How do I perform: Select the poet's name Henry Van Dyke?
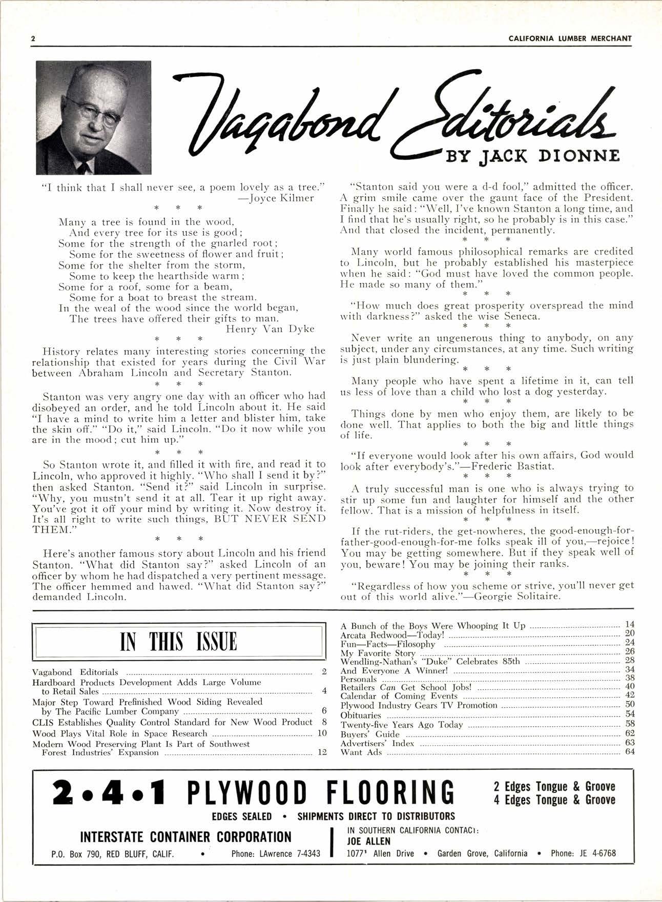(x=270, y=329)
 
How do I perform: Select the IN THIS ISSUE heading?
(x=179, y=642)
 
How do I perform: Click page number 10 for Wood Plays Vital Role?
(x=322, y=733)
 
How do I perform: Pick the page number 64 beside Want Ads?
(x=629, y=752)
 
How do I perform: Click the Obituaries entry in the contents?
(x=361, y=715)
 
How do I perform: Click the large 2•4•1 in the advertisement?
(x=109, y=792)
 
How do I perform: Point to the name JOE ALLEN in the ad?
(x=369, y=841)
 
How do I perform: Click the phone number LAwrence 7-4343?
(x=290, y=854)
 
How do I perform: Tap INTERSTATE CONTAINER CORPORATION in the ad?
(x=186, y=837)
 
